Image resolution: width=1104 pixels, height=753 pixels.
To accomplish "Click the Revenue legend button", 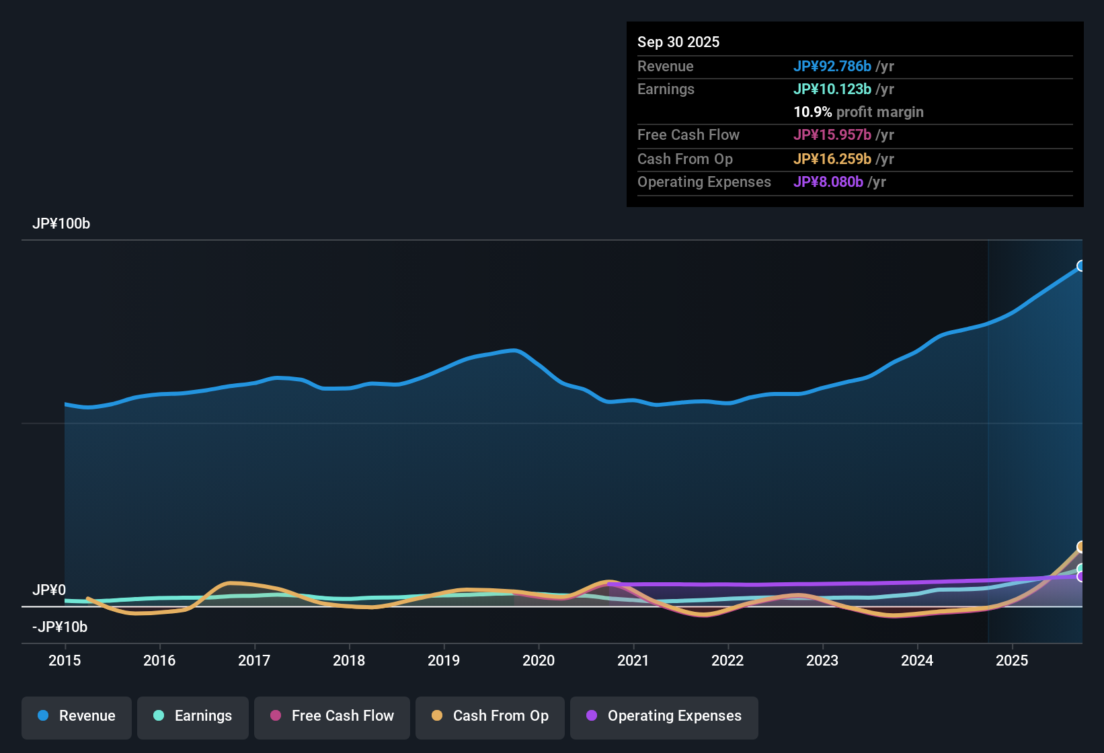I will click(77, 716).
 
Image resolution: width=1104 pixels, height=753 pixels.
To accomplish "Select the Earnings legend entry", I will click(193, 716).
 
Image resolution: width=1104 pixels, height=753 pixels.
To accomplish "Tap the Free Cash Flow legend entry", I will click(332, 716).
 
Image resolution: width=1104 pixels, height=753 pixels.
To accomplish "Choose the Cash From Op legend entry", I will click(490, 716).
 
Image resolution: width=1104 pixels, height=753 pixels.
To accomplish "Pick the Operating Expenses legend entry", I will click(664, 716).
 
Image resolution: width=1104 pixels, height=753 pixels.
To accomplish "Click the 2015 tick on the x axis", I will click(65, 660).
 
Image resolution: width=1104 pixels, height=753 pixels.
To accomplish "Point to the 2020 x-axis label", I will click(539, 660).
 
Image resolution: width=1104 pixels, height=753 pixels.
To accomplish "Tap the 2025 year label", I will click(1012, 660).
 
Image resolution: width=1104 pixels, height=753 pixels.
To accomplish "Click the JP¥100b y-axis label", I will click(61, 224).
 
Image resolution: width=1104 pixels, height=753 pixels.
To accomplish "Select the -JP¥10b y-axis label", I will click(60, 627).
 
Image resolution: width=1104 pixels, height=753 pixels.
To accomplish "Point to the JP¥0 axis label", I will click(49, 590).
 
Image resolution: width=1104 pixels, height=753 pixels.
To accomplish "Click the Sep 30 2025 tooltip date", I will click(678, 42).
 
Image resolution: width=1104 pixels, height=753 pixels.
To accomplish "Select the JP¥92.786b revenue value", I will click(832, 66).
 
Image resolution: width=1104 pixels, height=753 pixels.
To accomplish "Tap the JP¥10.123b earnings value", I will click(832, 89).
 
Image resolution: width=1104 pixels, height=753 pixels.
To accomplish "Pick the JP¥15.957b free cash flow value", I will click(832, 134).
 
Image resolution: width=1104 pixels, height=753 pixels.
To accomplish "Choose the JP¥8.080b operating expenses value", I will click(828, 182).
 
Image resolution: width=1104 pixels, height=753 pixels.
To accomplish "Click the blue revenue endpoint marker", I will click(1081, 266).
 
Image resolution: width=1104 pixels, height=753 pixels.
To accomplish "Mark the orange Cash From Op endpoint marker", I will click(1081, 547).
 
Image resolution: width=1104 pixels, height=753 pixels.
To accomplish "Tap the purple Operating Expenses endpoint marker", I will click(1081, 577).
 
